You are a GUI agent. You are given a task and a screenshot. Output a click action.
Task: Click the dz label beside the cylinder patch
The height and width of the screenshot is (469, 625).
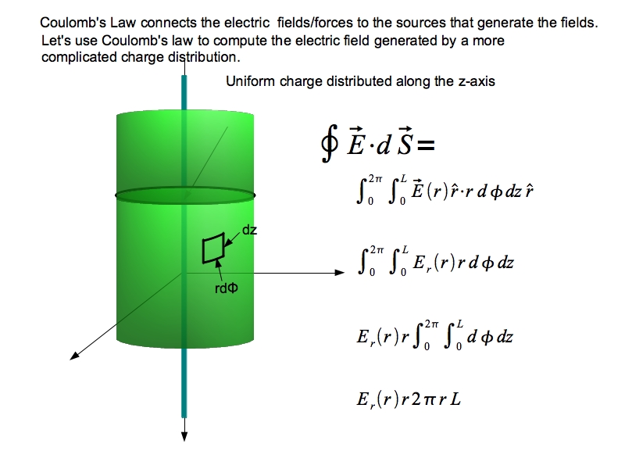[x=250, y=231]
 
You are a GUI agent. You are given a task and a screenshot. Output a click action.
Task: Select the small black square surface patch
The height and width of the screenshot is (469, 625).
[x=212, y=249]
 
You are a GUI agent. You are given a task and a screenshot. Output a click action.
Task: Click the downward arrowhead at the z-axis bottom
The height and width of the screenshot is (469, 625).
[x=184, y=437]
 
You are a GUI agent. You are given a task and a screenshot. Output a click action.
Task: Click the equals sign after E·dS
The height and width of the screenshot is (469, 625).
[x=423, y=145]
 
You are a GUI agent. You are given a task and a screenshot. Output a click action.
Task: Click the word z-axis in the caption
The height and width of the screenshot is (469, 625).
[x=475, y=81]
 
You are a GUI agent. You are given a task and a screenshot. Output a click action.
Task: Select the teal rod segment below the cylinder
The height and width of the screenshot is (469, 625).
[x=184, y=383]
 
